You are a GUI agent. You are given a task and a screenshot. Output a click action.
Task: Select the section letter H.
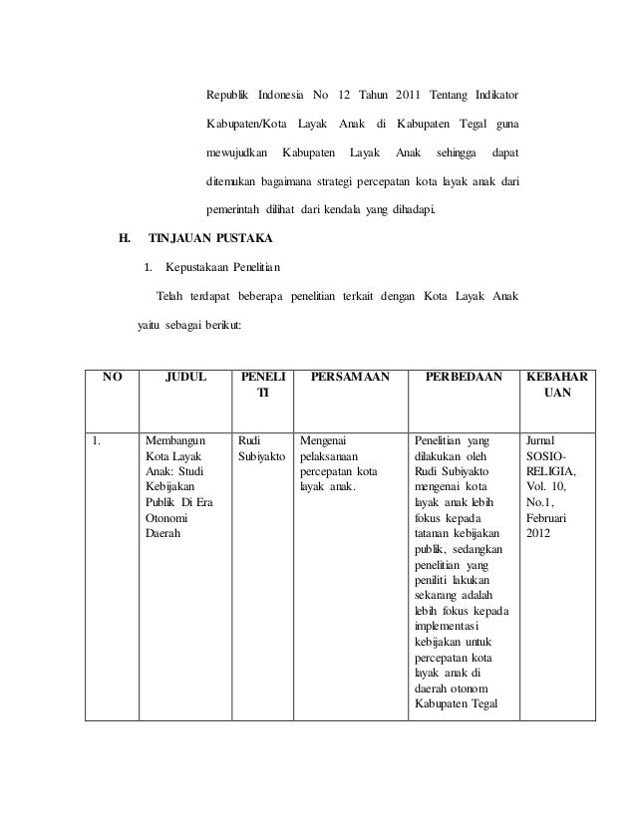(125, 240)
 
